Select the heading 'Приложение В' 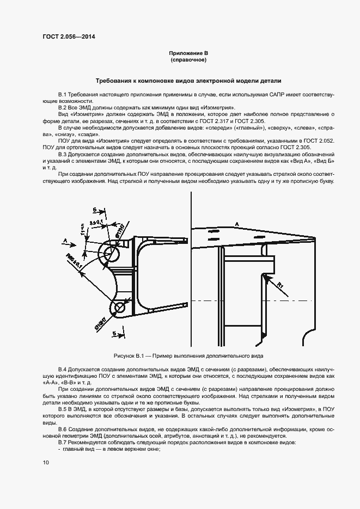(188, 53)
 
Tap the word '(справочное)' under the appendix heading (188, 60)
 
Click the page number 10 (46, 462)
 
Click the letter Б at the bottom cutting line (114, 333)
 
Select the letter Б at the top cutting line (95, 210)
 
